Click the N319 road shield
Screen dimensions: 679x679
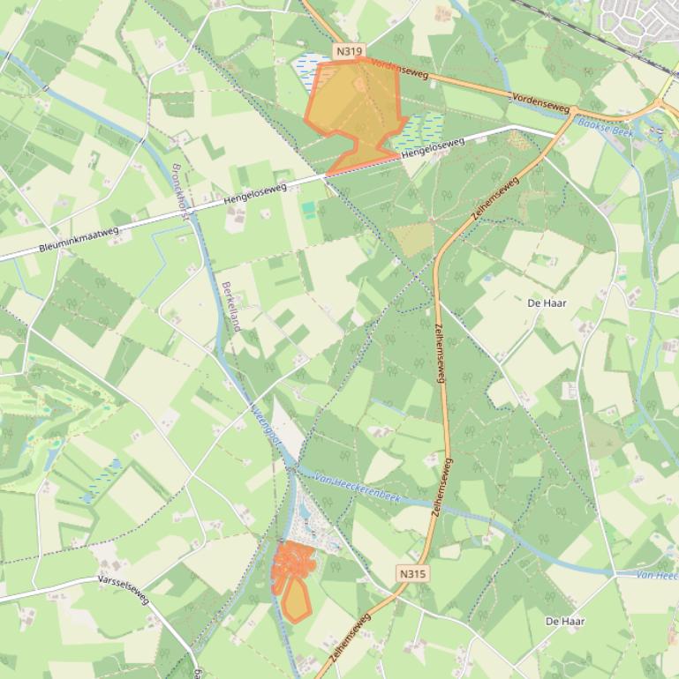coord(349,52)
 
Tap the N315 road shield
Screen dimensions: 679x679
coord(412,573)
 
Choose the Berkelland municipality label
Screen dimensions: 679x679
coord(231,306)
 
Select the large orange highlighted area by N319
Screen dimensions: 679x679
coord(353,110)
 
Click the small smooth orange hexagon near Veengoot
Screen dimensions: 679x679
coord(296,602)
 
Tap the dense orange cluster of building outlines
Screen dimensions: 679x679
coord(294,562)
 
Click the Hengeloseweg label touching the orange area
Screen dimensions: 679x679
coord(433,148)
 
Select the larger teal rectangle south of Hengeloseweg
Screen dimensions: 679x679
coord(307,209)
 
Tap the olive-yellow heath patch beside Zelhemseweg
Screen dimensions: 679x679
coord(412,239)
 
